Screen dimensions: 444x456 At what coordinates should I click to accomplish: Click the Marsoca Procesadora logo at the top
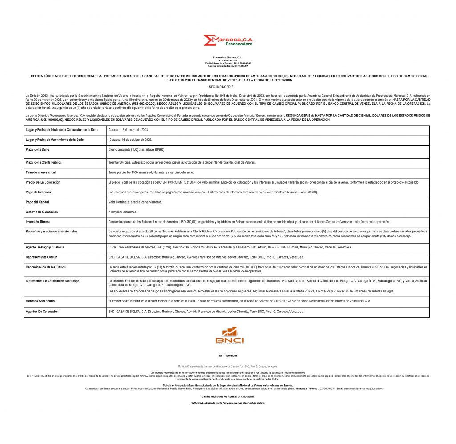point(228,40)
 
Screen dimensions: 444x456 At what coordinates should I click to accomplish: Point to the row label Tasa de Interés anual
point(41,172)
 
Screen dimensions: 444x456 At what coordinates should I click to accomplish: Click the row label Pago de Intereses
point(39,192)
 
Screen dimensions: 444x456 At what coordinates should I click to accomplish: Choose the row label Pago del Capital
point(37,202)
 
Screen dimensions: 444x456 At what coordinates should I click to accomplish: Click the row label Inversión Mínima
point(38,222)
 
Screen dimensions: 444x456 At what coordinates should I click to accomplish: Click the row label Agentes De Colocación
point(43,312)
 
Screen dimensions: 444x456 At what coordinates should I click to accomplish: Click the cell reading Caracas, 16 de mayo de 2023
point(129,129)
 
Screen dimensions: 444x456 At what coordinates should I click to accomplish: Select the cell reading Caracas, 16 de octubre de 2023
point(130,140)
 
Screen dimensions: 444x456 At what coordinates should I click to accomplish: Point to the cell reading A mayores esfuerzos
point(123,212)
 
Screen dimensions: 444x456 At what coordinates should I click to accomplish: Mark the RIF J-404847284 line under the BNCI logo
point(228,356)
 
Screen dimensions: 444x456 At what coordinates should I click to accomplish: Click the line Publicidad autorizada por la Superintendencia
point(228,403)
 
